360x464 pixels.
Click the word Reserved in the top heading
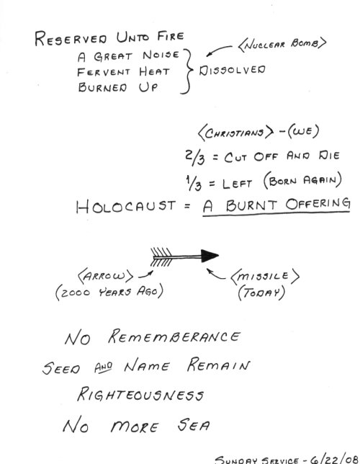[x=71, y=38]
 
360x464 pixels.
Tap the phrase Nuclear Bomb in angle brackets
[x=282, y=44]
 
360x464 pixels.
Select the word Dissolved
[x=233, y=70]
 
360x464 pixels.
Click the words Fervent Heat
[x=123, y=71]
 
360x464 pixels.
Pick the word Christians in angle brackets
[x=235, y=133]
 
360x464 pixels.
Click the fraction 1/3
[x=194, y=183]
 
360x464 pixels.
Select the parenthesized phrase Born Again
[x=302, y=180]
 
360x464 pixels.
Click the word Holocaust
[x=126, y=206]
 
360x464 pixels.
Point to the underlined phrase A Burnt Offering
[x=276, y=205]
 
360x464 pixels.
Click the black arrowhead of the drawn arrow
[x=210, y=256]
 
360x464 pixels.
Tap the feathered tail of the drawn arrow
[x=161, y=257]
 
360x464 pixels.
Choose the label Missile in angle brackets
[x=265, y=277]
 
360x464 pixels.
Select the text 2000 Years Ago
[x=109, y=292]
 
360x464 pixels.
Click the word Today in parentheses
[x=261, y=293]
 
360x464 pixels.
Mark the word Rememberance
[x=174, y=336]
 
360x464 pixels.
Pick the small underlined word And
[x=103, y=367]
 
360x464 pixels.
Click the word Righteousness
[x=140, y=394]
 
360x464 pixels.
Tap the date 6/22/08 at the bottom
[x=334, y=458]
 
